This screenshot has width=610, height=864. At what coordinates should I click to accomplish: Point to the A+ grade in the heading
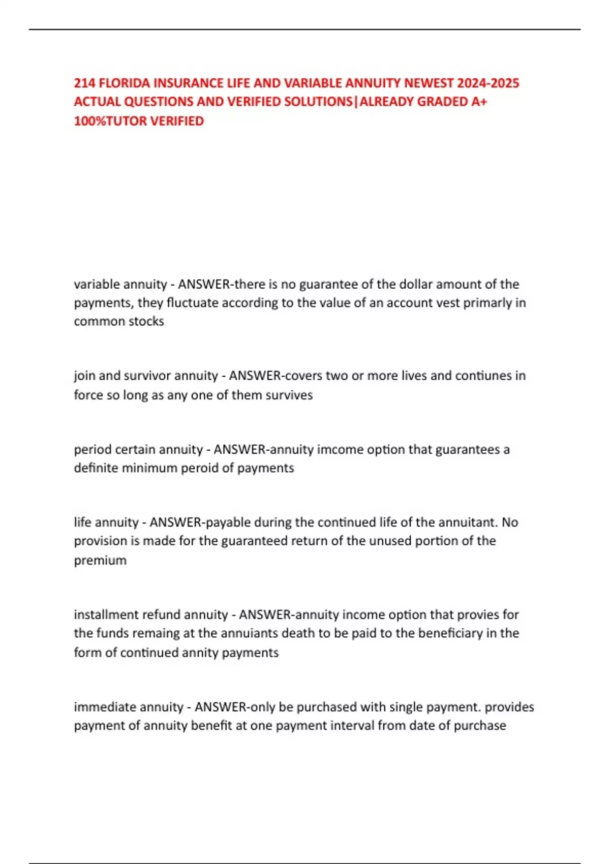479,102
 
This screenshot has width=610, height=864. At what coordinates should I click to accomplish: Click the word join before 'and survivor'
84,376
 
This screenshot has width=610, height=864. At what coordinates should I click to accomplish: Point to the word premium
100,560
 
